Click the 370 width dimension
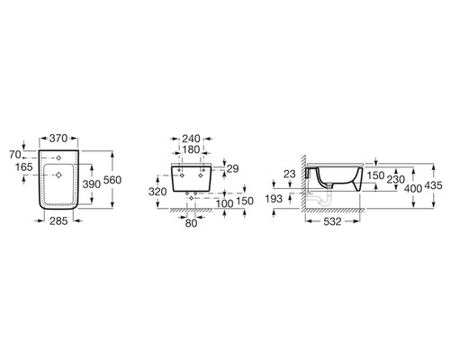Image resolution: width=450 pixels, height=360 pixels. coord(58,139)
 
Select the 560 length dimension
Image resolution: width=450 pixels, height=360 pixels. coord(112,180)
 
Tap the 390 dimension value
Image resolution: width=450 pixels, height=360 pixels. coord(92,184)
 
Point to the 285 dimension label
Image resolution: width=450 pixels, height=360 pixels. coord(58,221)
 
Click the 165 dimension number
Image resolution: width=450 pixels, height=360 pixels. coord(24,167)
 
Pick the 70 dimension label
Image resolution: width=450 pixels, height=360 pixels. coord(15,155)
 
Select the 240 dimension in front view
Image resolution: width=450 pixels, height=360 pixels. coord(191,139)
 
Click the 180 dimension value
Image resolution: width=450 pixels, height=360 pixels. coord(191,149)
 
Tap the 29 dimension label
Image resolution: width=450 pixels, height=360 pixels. coord(232,169)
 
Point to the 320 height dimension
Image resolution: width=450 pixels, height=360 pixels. coord(157,192)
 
